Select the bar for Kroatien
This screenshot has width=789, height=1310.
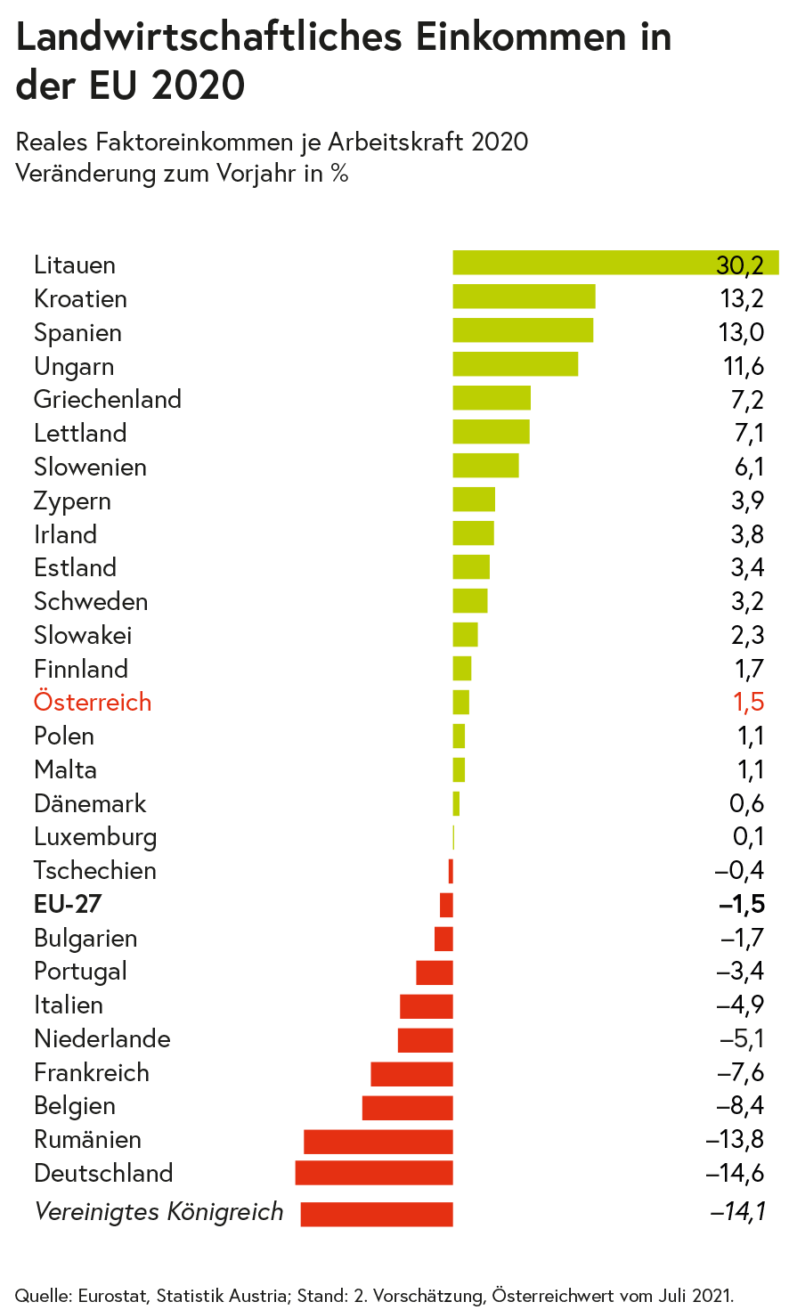[x=524, y=297]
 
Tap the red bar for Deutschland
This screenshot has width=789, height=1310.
[x=374, y=1173]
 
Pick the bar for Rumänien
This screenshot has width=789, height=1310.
[x=378, y=1141]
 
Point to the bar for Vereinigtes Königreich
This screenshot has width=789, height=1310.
[x=377, y=1214]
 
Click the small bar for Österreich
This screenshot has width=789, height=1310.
[x=460, y=702]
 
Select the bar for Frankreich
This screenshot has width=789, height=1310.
[x=411, y=1073]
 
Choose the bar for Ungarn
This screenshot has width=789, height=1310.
[x=516, y=364]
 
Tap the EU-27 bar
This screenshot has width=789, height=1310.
[x=446, y=905]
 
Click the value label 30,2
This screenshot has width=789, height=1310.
[x=740, y=264]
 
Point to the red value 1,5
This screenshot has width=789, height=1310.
[x=748, y=702]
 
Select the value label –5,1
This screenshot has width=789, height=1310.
[x=742, y=1038]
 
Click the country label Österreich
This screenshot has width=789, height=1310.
[x=93, y=702]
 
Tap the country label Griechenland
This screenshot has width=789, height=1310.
[x=108, y=399]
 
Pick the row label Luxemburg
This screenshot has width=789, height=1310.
[x=95, y=837]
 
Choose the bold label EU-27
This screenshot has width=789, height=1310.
[x=68, y=904]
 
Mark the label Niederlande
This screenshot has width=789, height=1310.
[x=102, y=1038]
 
